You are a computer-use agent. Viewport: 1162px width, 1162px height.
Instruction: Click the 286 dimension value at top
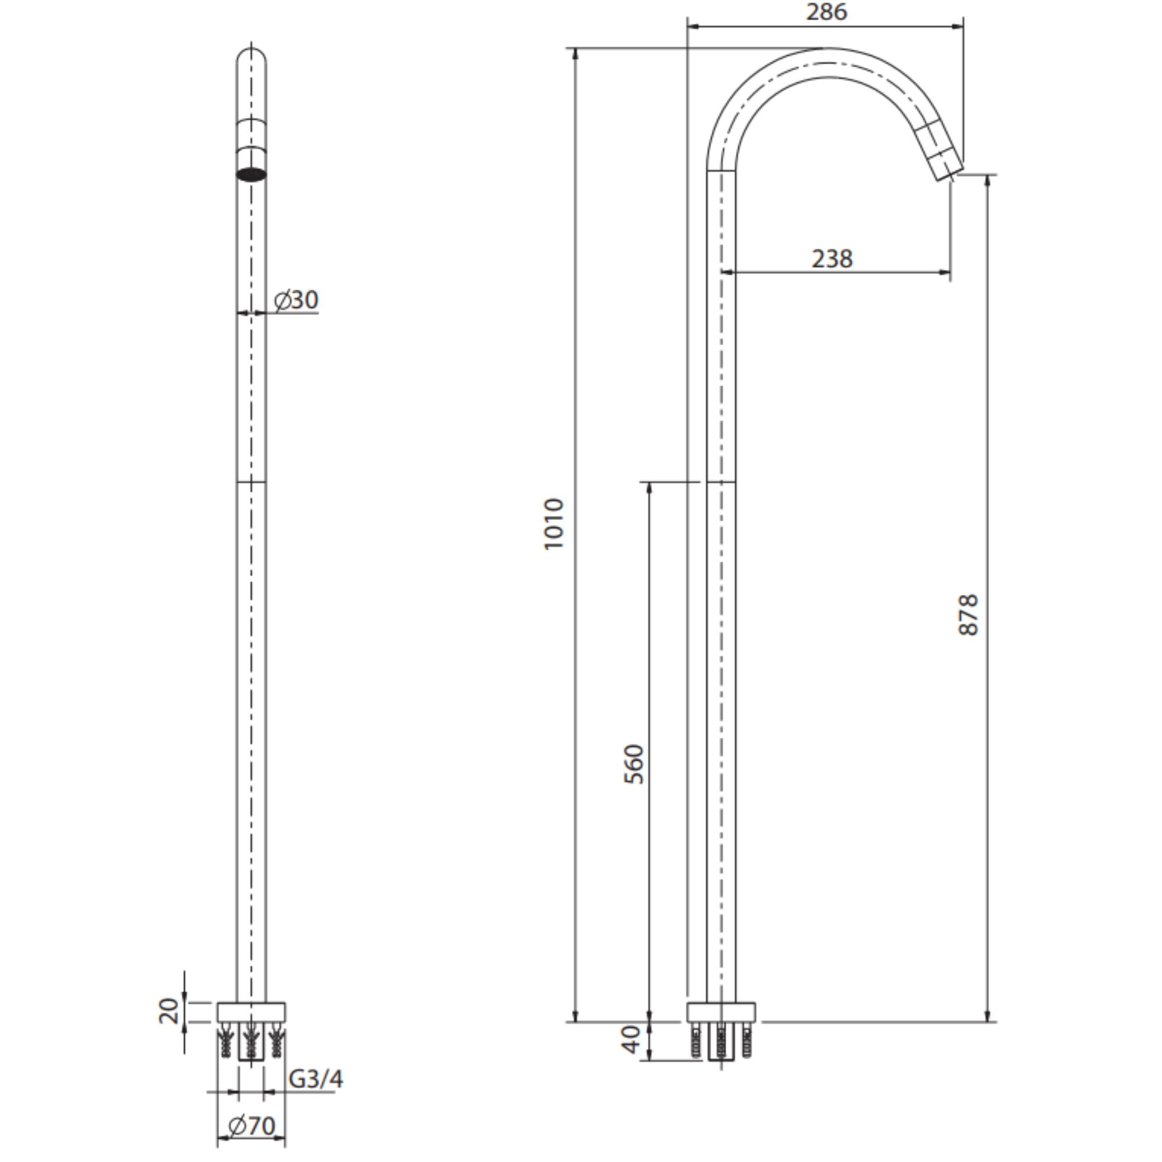pyautogui.click(x=826, y=12)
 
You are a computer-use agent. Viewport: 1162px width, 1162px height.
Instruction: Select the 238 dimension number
pyautogui.click(x=833, y=259)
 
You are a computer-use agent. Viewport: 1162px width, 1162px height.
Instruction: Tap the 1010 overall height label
pyautogui.click(x=554, y=524)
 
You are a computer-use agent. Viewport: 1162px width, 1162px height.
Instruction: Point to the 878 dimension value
pyautogui.click(x=969, y=615)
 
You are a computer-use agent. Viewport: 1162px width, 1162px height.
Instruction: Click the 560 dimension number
pyautogui.click(x=634, y=764)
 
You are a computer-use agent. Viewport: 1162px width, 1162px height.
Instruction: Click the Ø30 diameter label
pyautogui.click(x=296, y=300)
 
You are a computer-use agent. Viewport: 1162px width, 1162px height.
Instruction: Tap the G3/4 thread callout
pyautogui.click(x=315, y=1078)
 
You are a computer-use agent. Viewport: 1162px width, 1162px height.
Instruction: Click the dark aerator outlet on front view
pyautogui.click(x=252, y=174)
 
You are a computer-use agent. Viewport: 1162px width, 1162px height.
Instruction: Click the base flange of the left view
pyautogui.click(x=252, y=1012)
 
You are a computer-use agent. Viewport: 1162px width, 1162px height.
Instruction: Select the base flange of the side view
pyautogui.click(x=721, y=1012)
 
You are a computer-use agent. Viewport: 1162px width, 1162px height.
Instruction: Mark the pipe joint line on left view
pyautogui.click(x=252, y=482)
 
